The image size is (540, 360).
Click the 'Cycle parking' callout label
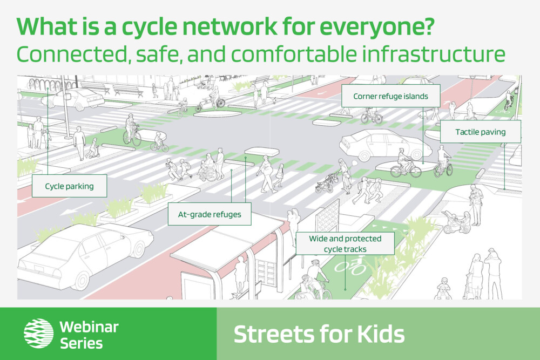(69, 186)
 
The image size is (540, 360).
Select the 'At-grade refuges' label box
(210, 214)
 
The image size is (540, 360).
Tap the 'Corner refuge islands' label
(390, 96)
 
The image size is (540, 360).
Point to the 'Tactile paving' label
(481, 132)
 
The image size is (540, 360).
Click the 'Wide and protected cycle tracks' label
(345, 243)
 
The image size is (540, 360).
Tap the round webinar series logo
(38, 333)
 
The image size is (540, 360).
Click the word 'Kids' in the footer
(381, 334)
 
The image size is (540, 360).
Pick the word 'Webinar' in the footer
(89, 327)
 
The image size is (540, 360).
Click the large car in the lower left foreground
(86, 256)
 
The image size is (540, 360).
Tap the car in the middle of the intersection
(386, 145)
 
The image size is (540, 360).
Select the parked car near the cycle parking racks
(73, 99)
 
